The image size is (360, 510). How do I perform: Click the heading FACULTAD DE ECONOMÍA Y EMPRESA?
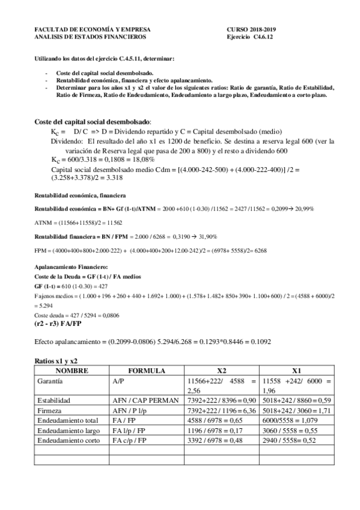pyautogui.click(x=93, y=29)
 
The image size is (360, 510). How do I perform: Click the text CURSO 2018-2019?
pyautogui.click(x=251, y=29)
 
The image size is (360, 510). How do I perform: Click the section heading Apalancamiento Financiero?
pyautogui.click(x=72, y=265)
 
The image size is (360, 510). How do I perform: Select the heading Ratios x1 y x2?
pyautogui.click(x=58, y=360)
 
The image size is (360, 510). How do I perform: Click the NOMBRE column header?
pyautogui.click(x=72, y=370)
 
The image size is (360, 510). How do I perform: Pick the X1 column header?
pyautogui.click(x=296, y=370)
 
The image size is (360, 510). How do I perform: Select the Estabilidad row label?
pyautogui.click(x=54, y=400)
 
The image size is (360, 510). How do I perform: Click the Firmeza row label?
pyautogui.click(x=50, y=410)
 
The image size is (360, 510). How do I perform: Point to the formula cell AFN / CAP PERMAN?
pyautogui.click(x=145, y=400)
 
